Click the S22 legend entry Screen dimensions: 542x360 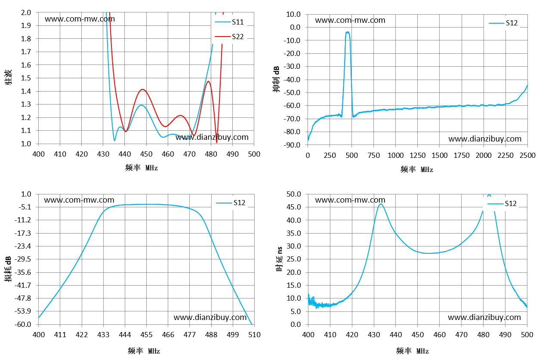229,37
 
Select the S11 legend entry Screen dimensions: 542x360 229,22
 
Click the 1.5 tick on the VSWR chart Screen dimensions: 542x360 26,78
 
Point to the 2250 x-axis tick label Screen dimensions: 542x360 505,155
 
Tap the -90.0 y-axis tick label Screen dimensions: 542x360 292,145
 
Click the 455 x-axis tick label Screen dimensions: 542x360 146,335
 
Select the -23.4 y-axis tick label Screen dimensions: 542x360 23,246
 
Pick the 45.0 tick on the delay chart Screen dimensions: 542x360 294,207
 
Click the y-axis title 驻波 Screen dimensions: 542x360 8,77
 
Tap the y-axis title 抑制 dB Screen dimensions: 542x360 276,79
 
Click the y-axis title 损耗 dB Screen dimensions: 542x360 8,269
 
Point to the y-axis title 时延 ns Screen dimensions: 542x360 279,259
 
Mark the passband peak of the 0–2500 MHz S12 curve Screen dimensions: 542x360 348,32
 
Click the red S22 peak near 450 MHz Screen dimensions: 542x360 143,89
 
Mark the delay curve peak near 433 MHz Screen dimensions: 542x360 381,204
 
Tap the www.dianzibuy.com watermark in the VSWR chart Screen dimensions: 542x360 212,137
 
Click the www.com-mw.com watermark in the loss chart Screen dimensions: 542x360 79,200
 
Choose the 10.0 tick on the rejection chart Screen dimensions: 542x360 293,14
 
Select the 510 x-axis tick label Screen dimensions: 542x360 254,335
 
